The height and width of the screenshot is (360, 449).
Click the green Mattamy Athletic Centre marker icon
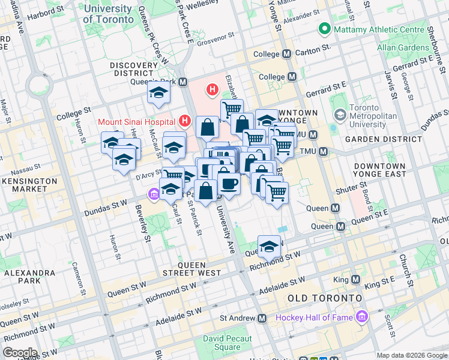pyautogui.click(x=325, y=28)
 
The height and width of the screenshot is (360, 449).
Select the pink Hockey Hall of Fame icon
pyautogui.click(x=361, y=316)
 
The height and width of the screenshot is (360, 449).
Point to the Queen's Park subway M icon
pyautogui.click(x=182, y=82)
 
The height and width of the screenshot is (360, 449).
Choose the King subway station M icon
pyautogui.click(x=355, y=280)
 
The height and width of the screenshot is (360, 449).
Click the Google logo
pyautogui.click(x=20, y=352)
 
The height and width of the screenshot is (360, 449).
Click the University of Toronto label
pyautogui.click(x=108, y=14)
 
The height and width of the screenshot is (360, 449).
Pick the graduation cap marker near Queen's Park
pyautogui.click(x=158, y=92)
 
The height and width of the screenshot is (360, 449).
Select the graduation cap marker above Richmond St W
pyautogui.click(x=269, y=246)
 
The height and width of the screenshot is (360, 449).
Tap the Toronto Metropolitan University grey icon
pyautogui.click(x=340, y=114)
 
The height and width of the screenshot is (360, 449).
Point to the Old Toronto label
pyautogui.click(x=325, y=298)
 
